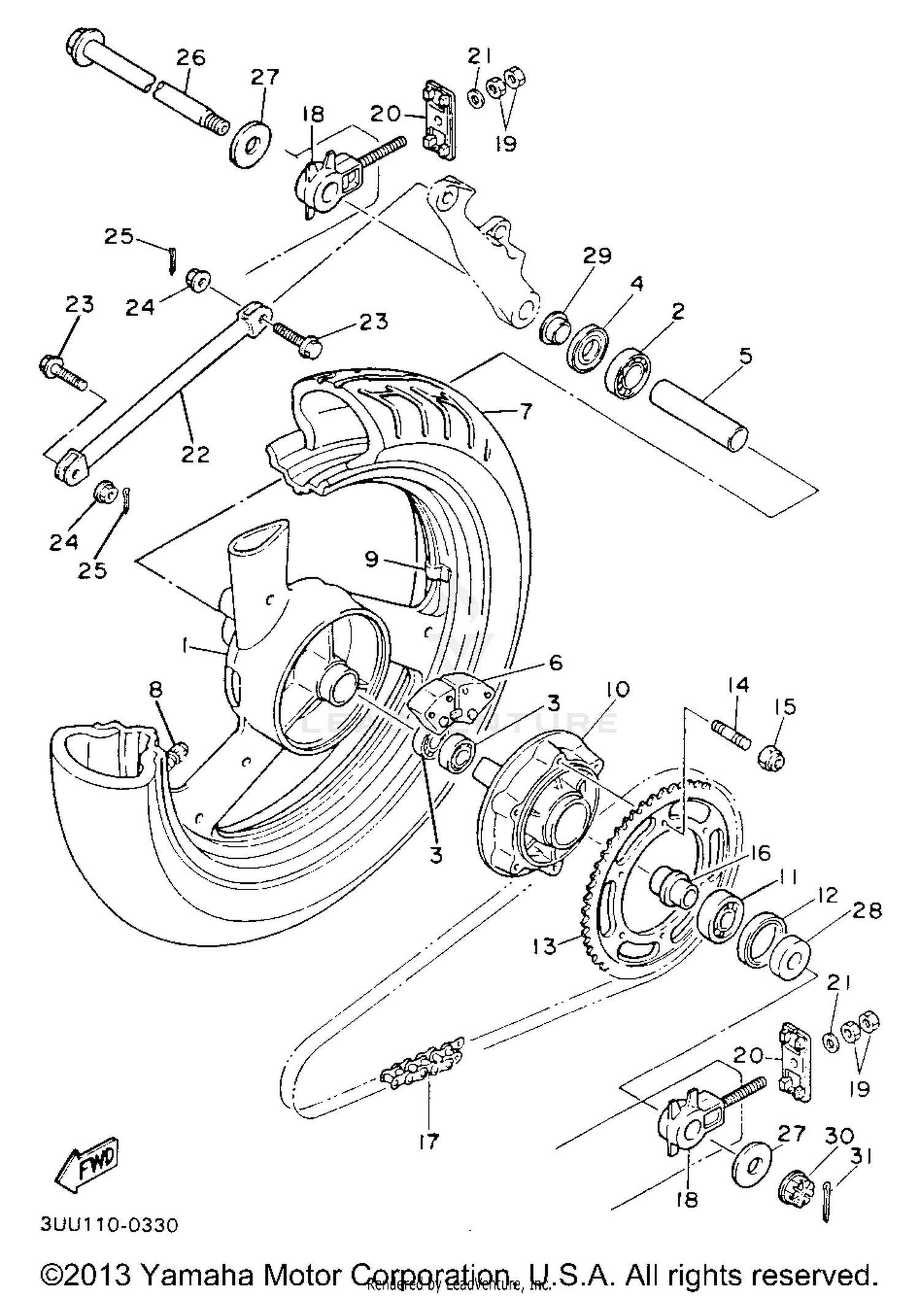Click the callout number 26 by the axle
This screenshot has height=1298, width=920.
191,58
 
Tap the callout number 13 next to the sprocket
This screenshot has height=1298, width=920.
544,947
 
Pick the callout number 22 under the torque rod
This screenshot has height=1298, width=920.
195,454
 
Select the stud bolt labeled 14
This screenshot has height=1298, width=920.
732,734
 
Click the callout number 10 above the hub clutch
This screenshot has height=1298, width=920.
615,690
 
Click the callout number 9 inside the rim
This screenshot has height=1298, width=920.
372,559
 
